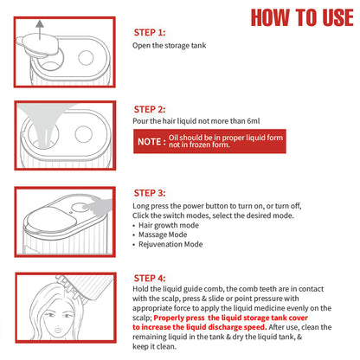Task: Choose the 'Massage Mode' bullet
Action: click(x=165, y=235)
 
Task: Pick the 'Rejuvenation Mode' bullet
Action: click(x=172, y=246)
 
